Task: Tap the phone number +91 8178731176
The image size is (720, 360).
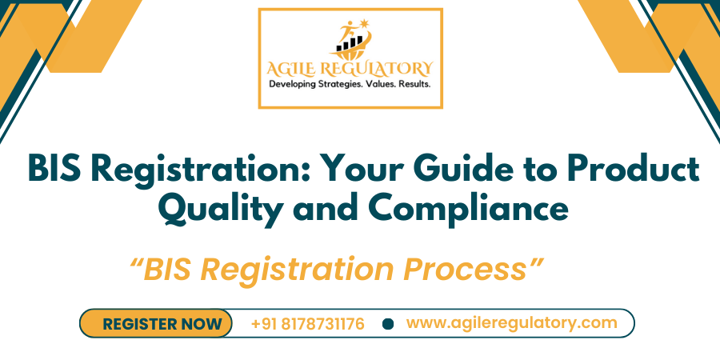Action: coord(307,324)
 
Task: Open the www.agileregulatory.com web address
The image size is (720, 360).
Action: coord(512,323)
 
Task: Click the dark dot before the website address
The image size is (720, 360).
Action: coord(389,324)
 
